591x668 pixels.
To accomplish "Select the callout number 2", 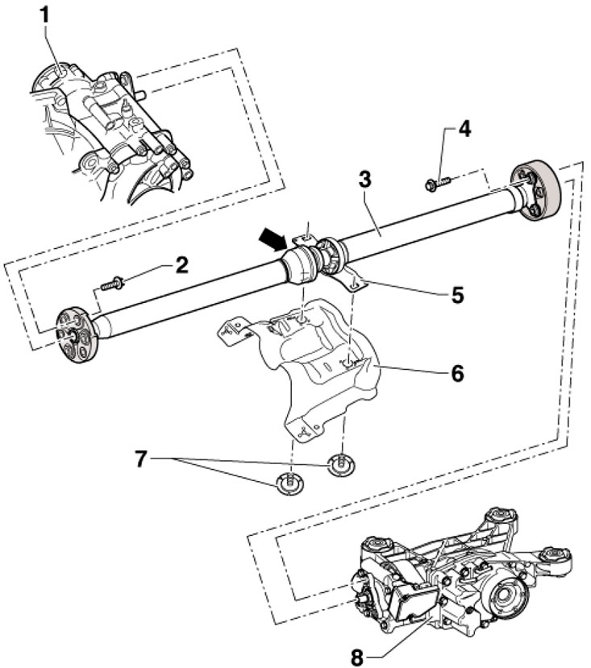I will click(x=183, y=265).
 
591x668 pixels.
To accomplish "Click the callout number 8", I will click(x=358, y=655).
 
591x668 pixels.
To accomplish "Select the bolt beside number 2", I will click(x=112, y=284).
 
